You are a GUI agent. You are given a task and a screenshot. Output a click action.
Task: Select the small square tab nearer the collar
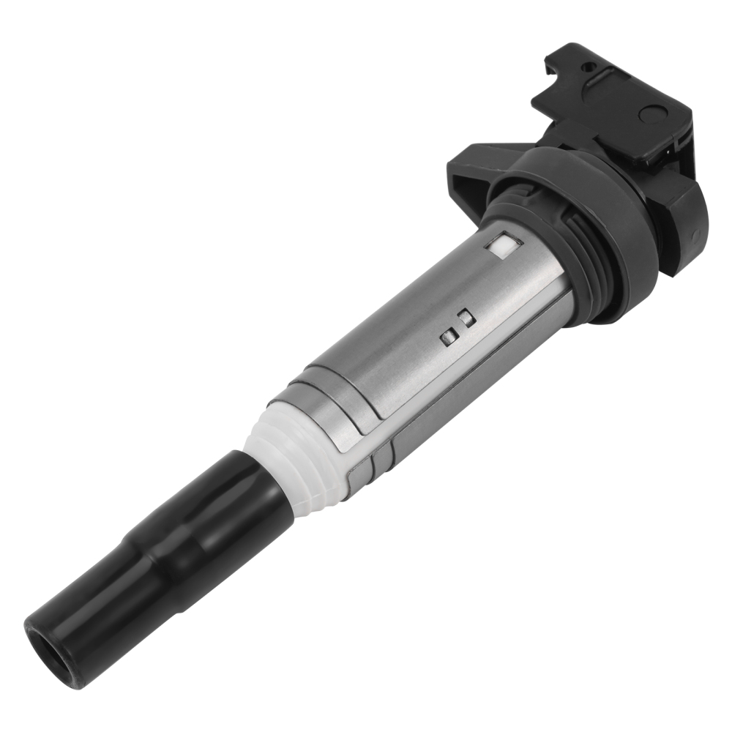[465, 316]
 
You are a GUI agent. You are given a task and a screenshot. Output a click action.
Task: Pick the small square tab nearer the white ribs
[447, 336]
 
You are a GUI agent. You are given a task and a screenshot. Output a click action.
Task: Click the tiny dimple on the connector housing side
[696, 233]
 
